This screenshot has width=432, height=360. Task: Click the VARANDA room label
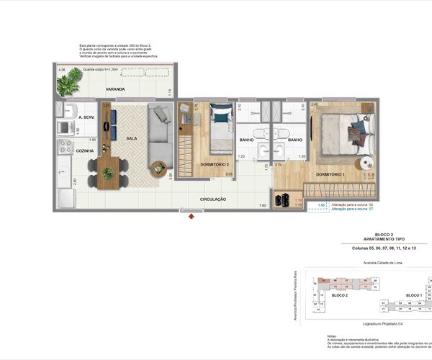click(x=115, y=89)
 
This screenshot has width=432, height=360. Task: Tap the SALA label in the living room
click(x=132, y=138)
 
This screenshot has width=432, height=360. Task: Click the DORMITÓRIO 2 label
click(x=214, y=164)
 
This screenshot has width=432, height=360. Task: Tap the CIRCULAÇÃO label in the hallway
click(x=212, y=199)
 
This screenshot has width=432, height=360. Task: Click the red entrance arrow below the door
click(x=191, y=215)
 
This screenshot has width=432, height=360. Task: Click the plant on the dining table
click(x=107, y=173)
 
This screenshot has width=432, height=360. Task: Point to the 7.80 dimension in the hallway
click(x=263, y=205)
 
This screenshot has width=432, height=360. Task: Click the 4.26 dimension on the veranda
click(x=62, y=70)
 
